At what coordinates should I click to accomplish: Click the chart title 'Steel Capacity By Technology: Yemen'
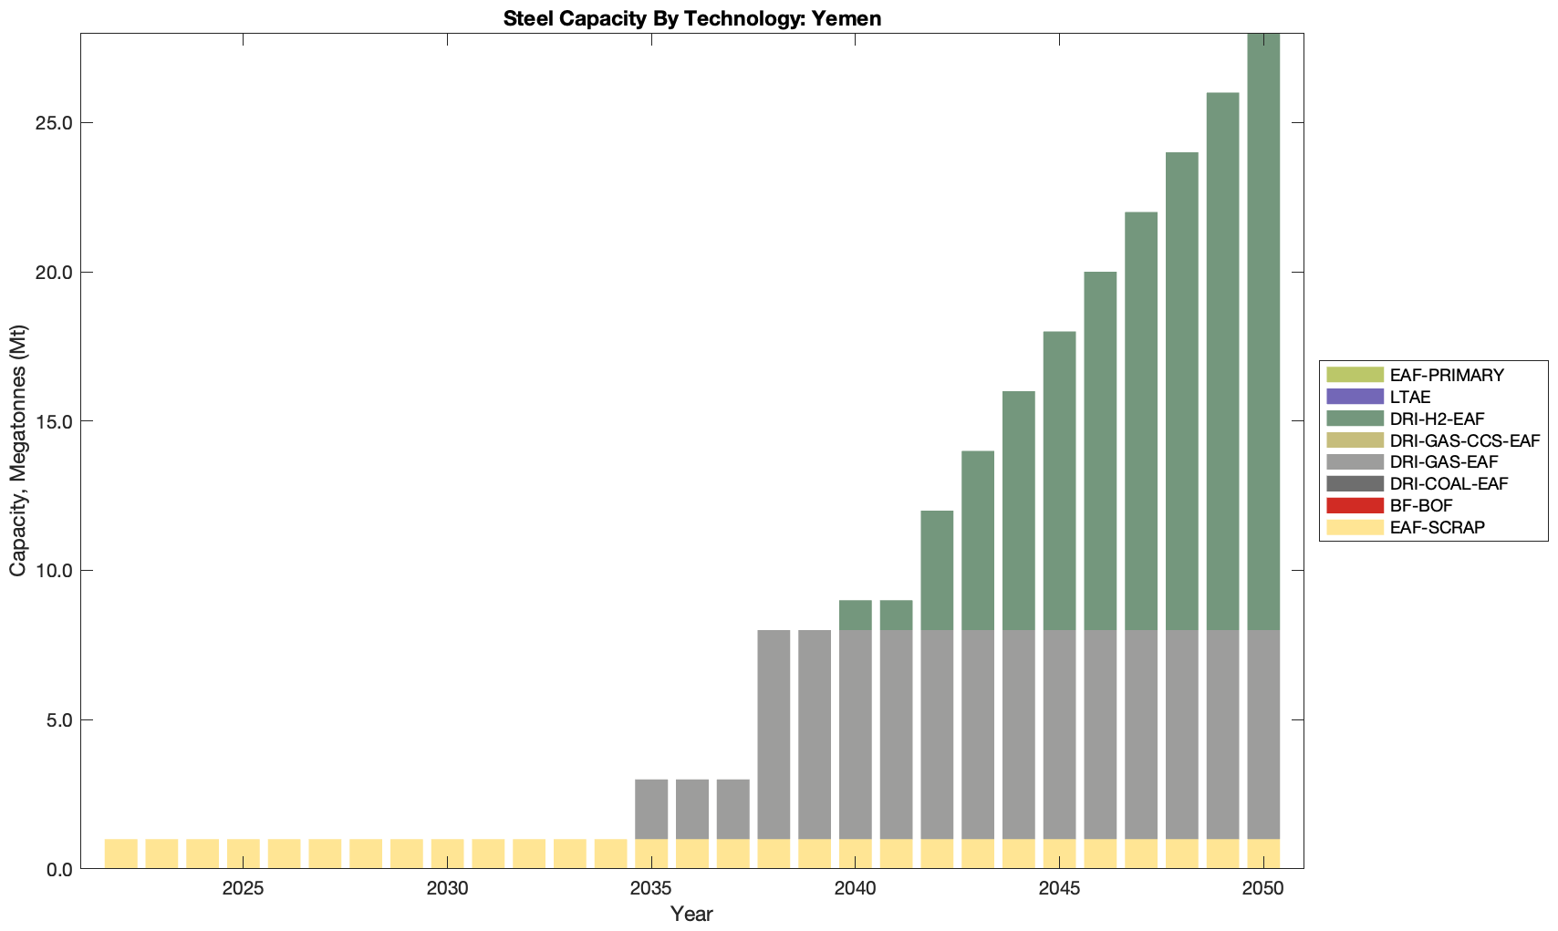coord(691,18)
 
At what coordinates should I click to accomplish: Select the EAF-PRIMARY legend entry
coord(1447,375)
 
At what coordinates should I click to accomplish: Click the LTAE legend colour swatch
coord(1355,397)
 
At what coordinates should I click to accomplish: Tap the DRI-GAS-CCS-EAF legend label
coord(1464,440)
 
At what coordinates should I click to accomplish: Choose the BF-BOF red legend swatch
coord(1355,505)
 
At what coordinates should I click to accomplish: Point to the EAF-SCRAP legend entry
coord(1437,527)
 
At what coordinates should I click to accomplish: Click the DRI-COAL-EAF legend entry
coord(1449,483)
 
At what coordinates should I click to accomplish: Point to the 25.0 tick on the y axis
coord(54,123)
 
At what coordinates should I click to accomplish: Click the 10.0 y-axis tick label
coord(54,571)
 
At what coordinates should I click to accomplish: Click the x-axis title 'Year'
coord(691,914)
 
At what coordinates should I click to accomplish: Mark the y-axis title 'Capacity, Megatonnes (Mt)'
coord(18,450)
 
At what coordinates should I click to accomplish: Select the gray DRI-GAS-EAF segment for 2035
coord(651,809)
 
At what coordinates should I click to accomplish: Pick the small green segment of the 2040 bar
coord(856,615)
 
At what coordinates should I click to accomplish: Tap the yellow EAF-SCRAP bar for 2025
coord(244,853)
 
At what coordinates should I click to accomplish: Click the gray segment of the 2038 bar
coord(774,734)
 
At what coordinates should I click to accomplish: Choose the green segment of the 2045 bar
coord(1059,481)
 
